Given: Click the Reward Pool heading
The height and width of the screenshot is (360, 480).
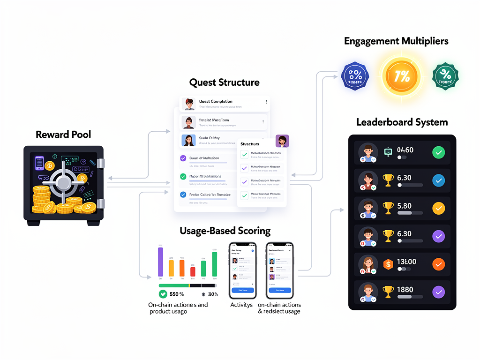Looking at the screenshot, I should click(x=63, y=135).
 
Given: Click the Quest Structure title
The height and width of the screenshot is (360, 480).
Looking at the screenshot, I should click(x=224, y=82).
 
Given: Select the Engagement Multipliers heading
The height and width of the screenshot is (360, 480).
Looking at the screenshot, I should click(x=396, y=41).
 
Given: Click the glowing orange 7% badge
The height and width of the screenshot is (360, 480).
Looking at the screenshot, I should click(x=402, y=76).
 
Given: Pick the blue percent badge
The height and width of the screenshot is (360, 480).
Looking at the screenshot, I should click(x=355, y=76).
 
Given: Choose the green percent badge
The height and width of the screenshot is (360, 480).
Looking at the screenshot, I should click(x=445, y=76).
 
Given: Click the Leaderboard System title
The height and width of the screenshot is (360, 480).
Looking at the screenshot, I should click(x=402, y=122).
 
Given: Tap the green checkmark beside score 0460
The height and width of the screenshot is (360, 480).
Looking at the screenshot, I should click(x=438, y=152).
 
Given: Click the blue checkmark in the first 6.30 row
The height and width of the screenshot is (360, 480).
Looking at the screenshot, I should click(x=438, y=180).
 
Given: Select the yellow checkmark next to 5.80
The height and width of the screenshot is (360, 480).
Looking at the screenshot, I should click(x=438, y=208).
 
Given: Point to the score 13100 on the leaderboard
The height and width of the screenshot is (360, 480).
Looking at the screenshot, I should click(x=406, y=262).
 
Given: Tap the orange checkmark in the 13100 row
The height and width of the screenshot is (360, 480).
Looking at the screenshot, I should click(x=438, y=264).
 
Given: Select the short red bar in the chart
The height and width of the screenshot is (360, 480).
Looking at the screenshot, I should click(x=193, y=271).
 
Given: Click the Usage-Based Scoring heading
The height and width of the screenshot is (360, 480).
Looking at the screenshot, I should click(x=225, y=231).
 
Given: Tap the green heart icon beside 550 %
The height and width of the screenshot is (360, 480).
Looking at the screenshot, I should click(x=163, y=294).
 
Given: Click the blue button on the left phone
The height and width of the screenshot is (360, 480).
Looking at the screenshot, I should click(x=242, y=290).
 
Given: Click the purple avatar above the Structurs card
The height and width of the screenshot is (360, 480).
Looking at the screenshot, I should click(x=282, y=141).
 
